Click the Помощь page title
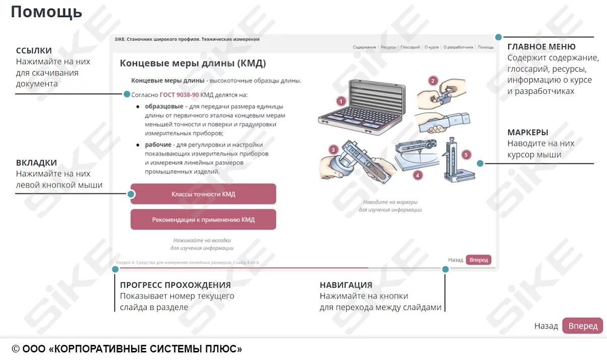[x=46, y=12]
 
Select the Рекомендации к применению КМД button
[x=203, y=220]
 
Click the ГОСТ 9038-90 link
[x=179, y=94]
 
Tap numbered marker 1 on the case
[x=340, y=101]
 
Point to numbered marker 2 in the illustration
[x=433, y=80]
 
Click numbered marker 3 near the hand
[x=333, y=150]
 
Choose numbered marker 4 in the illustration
[x=417, y=175]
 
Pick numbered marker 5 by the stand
[x=466, y=155]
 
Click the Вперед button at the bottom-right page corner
[x=582, y=326]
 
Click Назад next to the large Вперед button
[x=546, y=326]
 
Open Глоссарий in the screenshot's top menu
[x=410, y=47]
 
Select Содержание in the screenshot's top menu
[x=364, y=47]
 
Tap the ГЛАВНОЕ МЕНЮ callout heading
[x=541, y=47]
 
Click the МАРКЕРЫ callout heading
[x=527, y=133]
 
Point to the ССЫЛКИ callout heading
[x=34, y=50]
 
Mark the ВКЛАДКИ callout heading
[x=36, y=163]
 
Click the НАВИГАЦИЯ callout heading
[x=346, y=285]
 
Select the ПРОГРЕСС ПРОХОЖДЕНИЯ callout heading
[x=175, y=285]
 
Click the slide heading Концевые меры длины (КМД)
[x=193, y=64]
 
